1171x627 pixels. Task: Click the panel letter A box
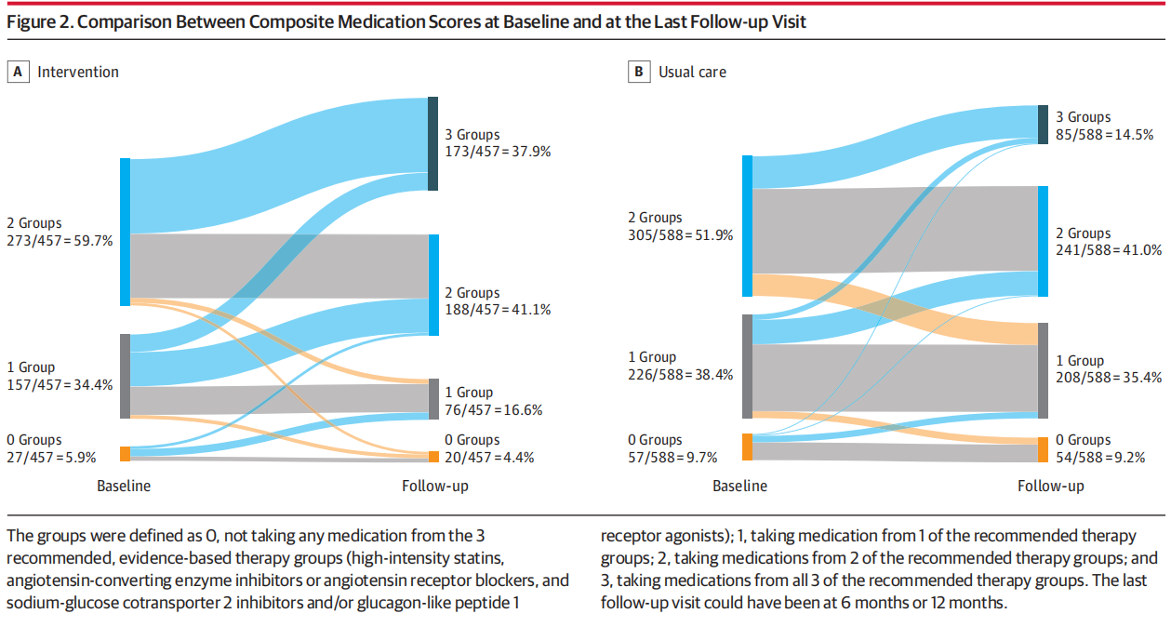pos(19,72)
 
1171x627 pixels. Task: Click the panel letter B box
pos(639,72)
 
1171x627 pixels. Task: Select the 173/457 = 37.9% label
pos(498,152)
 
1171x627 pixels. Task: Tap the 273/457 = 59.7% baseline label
pos(60,240)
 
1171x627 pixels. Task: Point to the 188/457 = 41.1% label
pos(498,310)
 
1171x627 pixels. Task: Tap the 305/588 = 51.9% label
pos(681,234)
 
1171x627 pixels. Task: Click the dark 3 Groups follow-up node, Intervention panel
pos(432,143)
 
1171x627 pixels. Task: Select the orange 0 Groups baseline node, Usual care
pos(747,447)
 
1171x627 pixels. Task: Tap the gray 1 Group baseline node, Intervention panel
pos(125,376)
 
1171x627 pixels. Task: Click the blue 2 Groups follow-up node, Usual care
pos(1043,241)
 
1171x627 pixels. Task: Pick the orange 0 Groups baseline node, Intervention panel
pos(125,454)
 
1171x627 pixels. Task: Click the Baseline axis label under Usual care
pos(740,486)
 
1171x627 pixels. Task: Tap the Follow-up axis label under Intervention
pos(434,486)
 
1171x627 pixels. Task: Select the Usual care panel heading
pos(692,72)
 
